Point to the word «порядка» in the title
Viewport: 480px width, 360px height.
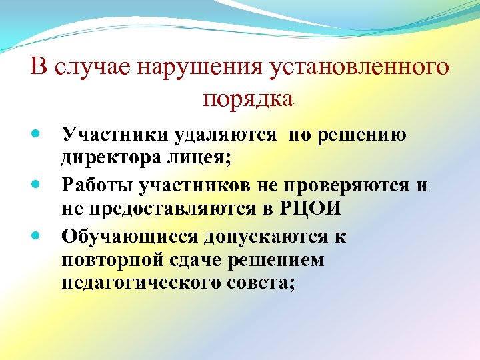[x=247, y=99]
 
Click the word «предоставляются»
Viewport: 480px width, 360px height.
[x=173, y=208]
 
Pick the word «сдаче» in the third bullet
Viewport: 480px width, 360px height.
[x=201, y=259]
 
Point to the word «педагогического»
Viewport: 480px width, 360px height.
[x=138, y=283]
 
